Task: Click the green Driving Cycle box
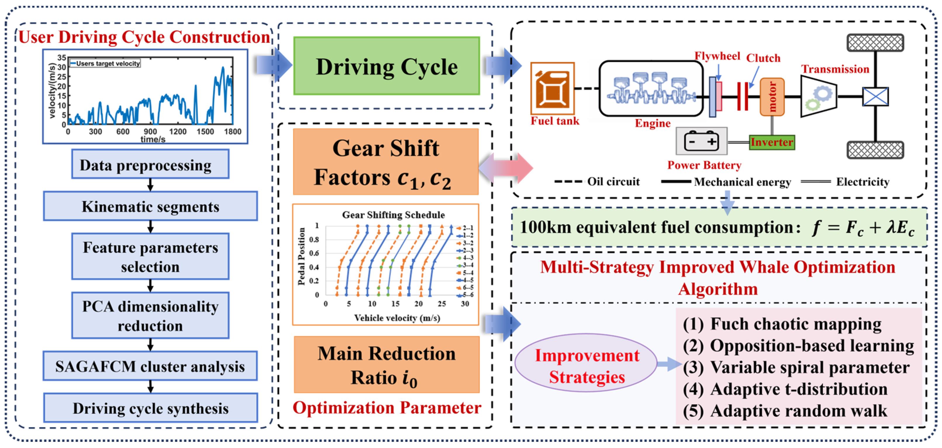387,66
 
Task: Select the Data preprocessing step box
150,164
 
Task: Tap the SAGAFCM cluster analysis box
150,366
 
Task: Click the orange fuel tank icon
553,89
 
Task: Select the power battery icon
701,141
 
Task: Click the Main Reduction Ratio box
387,365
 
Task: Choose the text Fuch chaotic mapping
795,324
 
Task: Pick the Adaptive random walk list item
798,411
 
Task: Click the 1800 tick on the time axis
232,132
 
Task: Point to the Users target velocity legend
105,63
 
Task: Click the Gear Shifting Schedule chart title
393,215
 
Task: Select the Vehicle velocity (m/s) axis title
397,318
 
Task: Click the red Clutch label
763,58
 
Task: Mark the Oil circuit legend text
613,181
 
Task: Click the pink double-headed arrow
506,168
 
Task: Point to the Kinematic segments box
150,206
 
